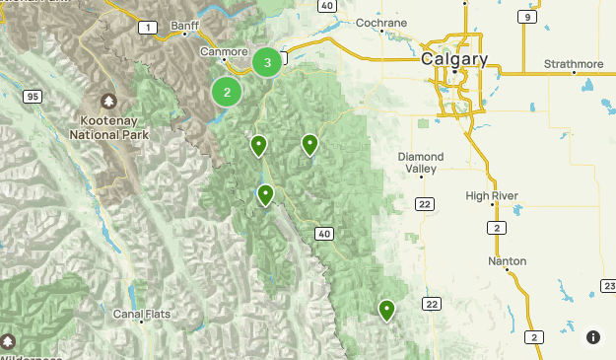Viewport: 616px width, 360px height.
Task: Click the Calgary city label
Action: click(454, 59)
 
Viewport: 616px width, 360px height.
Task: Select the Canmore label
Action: click(223, 51)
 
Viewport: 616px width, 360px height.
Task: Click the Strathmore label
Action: click(574, 64)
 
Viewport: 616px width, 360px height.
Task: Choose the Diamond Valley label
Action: click(421, 163)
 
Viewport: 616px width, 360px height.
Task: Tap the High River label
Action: click(492, 196)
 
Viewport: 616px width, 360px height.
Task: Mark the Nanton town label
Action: click(507, 261)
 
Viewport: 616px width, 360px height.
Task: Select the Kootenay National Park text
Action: click(107, 125)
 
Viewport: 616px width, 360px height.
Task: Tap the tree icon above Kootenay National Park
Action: click(107, 101)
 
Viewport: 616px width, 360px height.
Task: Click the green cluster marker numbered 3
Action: click(267, 62)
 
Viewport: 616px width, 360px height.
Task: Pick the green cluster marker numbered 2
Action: click(227, 93)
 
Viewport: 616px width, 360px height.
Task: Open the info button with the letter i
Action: click(593, 337)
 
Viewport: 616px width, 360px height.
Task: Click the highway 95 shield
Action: click(33, 96)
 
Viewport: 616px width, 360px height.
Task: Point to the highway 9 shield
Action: click(529, 17)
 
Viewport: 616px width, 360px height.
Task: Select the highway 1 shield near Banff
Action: click(148, 28)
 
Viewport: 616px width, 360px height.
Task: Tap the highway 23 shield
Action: click(608, 286)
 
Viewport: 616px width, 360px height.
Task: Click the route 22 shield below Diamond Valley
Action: click(424, 204)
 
